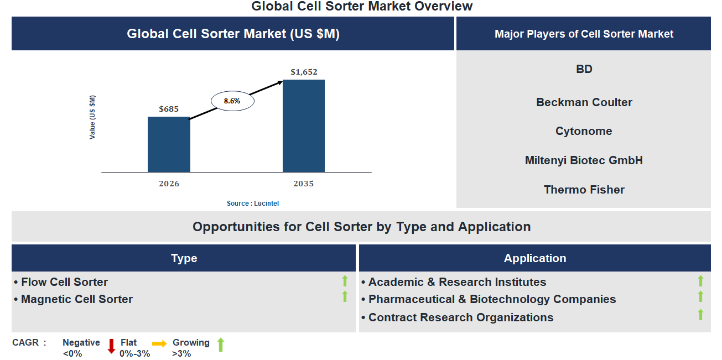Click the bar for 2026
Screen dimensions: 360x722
[x=169, y=144]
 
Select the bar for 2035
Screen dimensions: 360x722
[x=304, y=126]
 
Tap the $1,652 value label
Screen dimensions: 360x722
[x=304, y=72]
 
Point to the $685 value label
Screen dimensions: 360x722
[x=169, y=109]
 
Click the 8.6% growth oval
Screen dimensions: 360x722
[x=232, y=101]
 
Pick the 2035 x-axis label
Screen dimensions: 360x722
[x=304, y=184]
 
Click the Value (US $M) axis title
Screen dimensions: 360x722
[x=92, y=117]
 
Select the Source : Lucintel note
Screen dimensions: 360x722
[x=253, y=204]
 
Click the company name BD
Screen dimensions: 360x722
[x=584, y=69]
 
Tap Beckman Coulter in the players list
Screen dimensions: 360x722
[x=584, y=102]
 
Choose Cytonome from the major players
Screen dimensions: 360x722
[x=584, y=131]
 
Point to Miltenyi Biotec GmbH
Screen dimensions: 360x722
[x=584, y=160]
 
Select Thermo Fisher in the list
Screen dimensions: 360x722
[x=584, y=190]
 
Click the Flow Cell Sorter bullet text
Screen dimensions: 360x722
[x=64, y=282]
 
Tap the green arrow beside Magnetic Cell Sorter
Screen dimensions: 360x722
[x=345, y=297]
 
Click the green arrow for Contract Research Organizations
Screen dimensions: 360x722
[x=700, y=315]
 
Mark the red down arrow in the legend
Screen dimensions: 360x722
[x=111, y=346]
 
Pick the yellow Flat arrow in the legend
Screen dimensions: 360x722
[x=159, y=344]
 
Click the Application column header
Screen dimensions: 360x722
[x=534, y=258]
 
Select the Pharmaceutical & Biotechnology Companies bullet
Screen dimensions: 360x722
[x=492, y=299]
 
